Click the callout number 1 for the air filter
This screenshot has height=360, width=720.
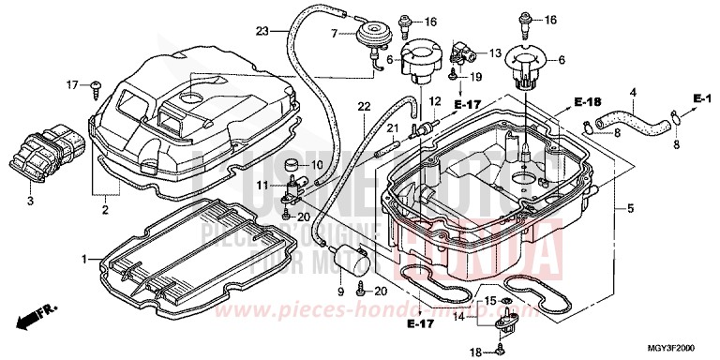84,257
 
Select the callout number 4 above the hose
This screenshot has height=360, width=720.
633,92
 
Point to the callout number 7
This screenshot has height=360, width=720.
333,34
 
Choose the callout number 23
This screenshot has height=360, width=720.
262,32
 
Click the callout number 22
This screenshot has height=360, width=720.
364,106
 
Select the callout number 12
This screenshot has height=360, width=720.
434,100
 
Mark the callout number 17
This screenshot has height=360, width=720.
70,85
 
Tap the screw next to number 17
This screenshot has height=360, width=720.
97,86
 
